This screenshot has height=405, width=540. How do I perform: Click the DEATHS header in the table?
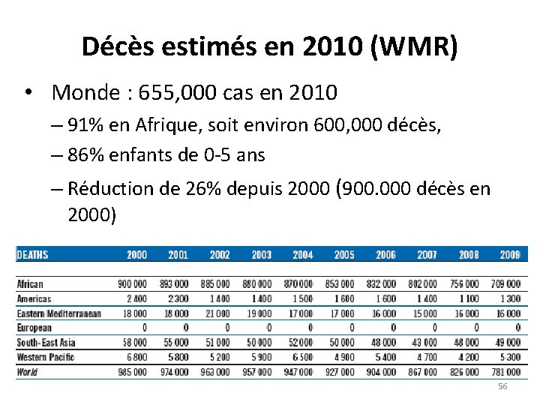(x=32, y=255)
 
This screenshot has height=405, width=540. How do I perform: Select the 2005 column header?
(x=343, y=255)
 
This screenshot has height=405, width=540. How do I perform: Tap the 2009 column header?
(x=510, y=255)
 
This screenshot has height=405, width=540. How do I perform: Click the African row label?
(x=30, y=284)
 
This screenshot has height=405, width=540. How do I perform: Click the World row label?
(x=27, y=372)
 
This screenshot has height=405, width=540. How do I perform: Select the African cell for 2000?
(x=132, y=284)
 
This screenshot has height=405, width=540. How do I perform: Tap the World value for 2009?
(x=505, y=372)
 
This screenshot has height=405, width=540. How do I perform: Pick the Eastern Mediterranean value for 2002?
(x=216, y=313)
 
